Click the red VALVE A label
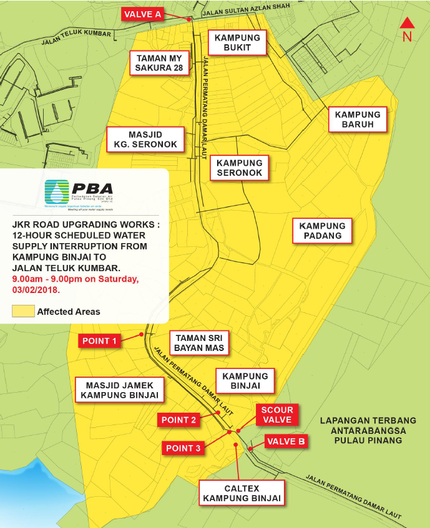pyautogui.click(x=142, y=14)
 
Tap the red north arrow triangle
pyautogui.click(x=407, y=23)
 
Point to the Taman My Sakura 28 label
pyautogui.click(x=160, y=63)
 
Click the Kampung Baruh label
pyautogui.click(x=358, y=119)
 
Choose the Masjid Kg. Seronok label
pyautogui.click(x=145, y=139)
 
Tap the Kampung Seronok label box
pyautogui.click(x=240, y=168)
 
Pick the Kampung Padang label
pyautogui.click(x=322, y=230)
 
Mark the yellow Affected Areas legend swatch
pyautogui.click(x=23, y=311)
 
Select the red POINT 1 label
pyautogui.click(x=100, y=341)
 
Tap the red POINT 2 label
pyautogui.click(x=179, y=420)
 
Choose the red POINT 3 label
pyautogui.click(x=183, y=448)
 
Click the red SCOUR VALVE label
pyautogui.click(x=276, y=415)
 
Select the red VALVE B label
pyautogui.click(x=286, y=441)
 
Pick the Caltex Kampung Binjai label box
pyautogui.click(x=242, y=493)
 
